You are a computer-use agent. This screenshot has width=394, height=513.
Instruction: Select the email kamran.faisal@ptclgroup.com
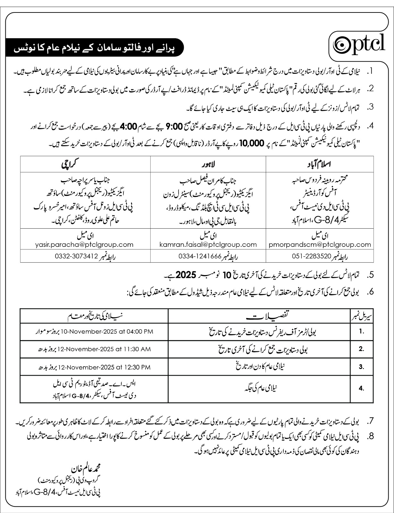click(x=208, y=244)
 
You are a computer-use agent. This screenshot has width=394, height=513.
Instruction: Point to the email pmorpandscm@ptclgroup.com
click(x=320, y=244)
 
